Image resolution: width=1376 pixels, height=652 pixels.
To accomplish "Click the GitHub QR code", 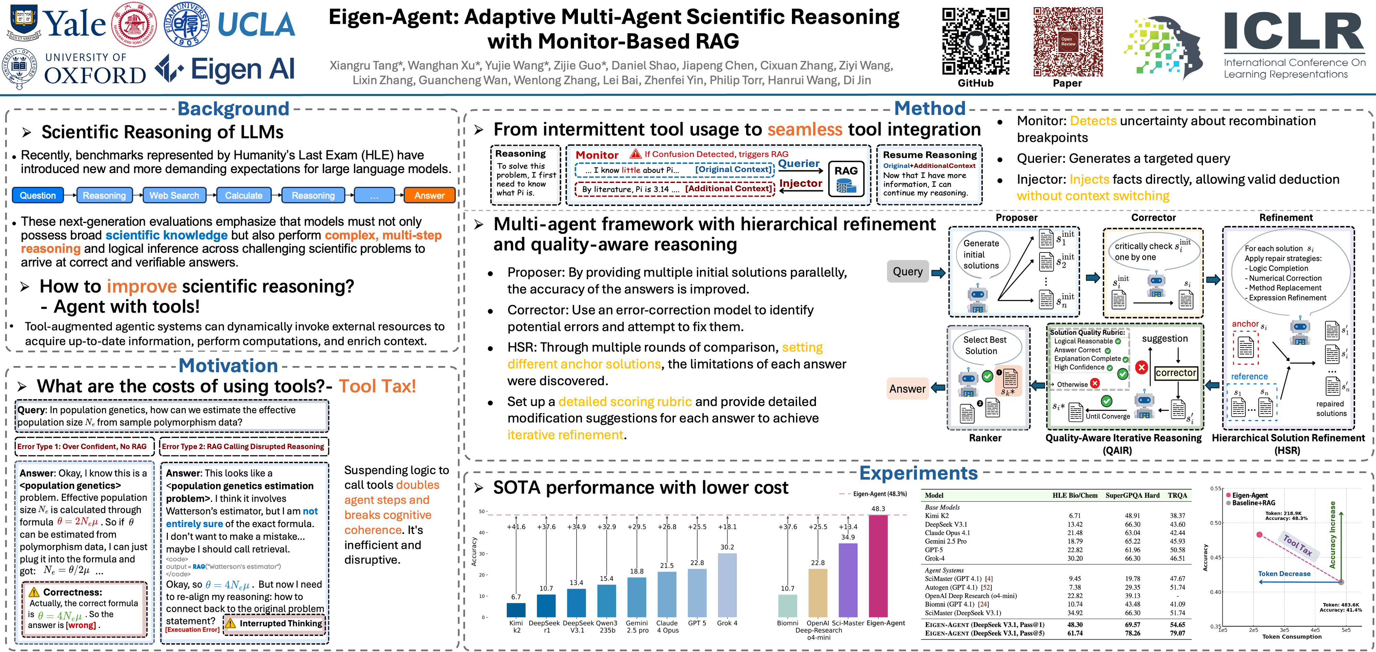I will (x=975, y=41).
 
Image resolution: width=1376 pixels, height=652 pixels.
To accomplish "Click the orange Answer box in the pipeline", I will (x=429, y=195).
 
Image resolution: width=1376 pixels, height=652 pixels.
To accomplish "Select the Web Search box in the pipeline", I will (x=174, y=195).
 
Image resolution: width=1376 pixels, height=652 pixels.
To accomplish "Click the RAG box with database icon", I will (x=846, y=179).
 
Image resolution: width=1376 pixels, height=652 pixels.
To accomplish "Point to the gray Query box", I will (x=907, y=271).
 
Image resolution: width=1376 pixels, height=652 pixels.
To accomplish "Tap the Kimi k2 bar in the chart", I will (x=516, y=610).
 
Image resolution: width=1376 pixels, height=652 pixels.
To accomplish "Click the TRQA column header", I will (x=1177, y=495).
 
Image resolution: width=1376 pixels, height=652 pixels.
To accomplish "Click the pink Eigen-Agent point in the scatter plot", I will (x=1259, y=534).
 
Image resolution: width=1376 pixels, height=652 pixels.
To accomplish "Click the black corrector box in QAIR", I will (x=1176, y=373).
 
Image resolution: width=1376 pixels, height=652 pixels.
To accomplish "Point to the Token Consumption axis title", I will (x=1292, y=637).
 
